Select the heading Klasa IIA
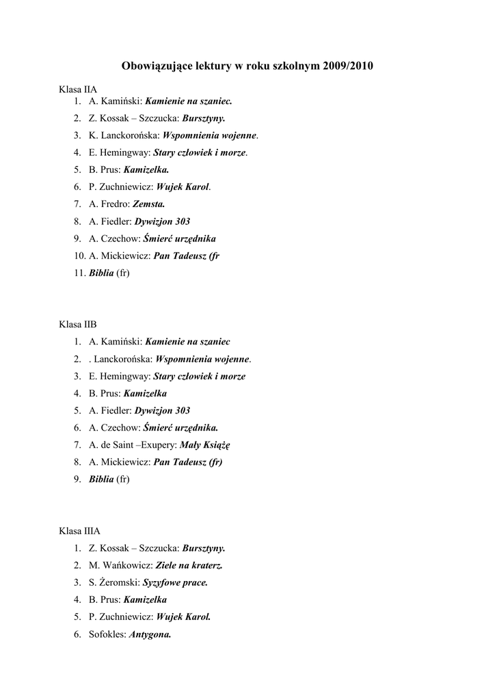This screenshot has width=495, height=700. pos(78,90)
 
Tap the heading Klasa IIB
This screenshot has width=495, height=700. pos(78,324)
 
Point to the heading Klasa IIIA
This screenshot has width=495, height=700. pos(79,530)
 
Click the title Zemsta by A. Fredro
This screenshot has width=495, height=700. pos(148,204)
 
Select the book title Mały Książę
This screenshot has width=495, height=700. pos(205,444)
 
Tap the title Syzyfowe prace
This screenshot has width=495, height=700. pos(175,582)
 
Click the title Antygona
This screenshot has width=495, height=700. pos(150,634)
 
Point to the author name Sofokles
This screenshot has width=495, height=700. pos(107,634)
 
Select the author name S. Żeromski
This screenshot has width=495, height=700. pos(113,582)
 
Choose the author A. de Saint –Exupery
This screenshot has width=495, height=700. pos(133,444)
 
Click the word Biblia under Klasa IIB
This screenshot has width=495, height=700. pos(101,479)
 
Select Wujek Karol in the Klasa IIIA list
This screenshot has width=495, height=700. pos(183,617)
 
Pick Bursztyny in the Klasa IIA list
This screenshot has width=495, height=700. pos(204,118)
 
